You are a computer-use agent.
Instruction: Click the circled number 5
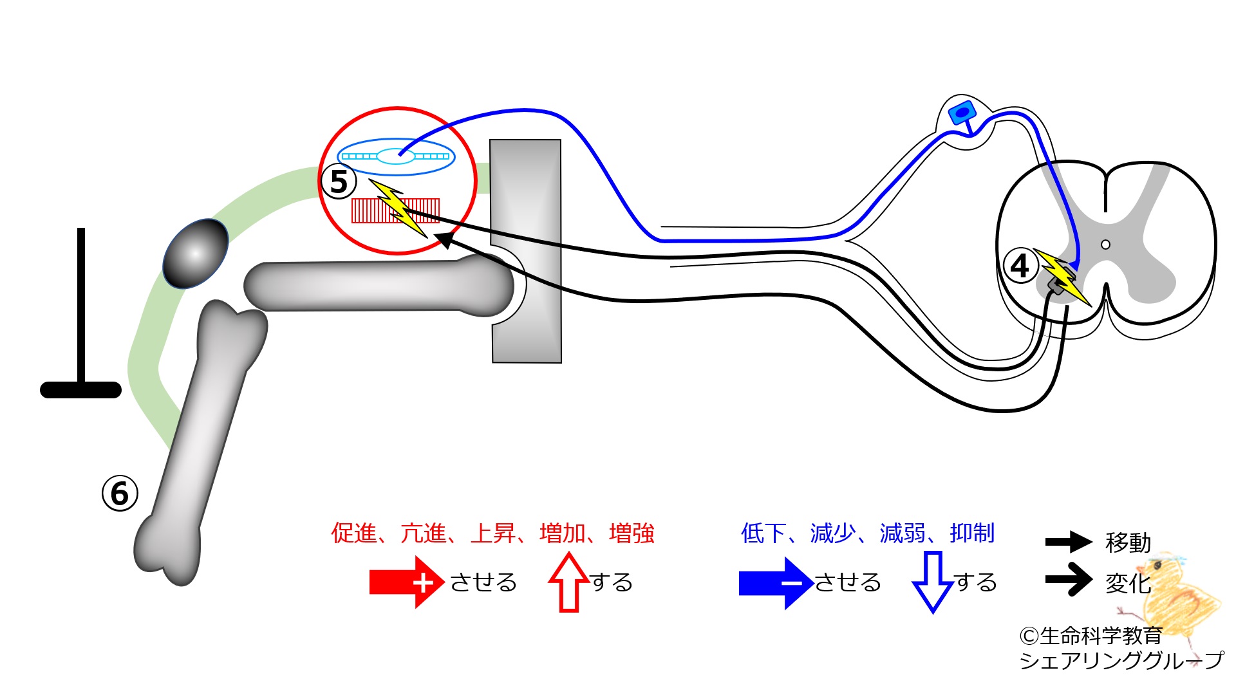[339, 181]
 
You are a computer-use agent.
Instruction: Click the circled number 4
[1020, 266]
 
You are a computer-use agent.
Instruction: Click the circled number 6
[120, 494]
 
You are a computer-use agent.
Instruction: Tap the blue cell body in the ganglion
[962, 113]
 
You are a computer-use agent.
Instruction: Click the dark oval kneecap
[196, 254]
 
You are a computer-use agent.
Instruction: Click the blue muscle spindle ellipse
[396, 156]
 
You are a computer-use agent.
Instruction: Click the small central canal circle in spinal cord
[1105, 245]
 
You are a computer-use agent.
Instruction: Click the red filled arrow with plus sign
[406, 582]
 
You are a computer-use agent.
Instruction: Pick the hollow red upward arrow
[569, 582]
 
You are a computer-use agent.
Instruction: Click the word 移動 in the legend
[1128, 542]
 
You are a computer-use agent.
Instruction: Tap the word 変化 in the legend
[1128, 583]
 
